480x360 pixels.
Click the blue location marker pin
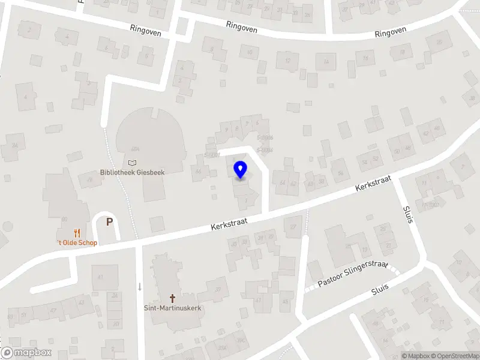(x=241, y=170)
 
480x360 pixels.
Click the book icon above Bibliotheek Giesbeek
(x=132, y=162)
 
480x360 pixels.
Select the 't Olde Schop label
(x=77, y=242)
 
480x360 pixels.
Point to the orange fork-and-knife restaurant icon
(x=77, y=233)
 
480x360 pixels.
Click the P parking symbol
(x=109, y=222)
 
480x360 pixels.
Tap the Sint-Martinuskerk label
(x=172, y=307)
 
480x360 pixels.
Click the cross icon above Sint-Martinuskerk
(x=173, y=298)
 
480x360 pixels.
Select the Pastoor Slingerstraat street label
(x=353, y=274)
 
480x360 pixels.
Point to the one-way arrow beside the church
(x=140, y=287)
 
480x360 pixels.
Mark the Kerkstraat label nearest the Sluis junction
(x=373, y=184)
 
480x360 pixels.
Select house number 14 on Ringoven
(x=326, y=61)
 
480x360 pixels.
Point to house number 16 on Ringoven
(x=365, y=58)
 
